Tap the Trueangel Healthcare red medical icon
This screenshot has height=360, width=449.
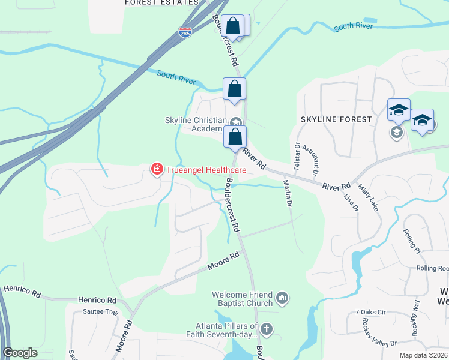(x=157, y=170)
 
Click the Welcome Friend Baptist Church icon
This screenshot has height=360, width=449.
(x=282, y=297)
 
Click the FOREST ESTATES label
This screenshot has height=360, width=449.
(x=161, y=2)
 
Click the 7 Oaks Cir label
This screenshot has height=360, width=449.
(x=373, y=312)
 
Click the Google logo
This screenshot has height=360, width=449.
(x=20, y=353)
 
